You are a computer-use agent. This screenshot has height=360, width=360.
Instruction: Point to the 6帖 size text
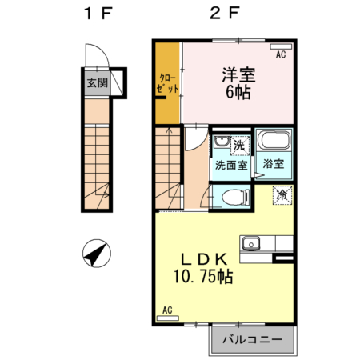pyautogui.click(x=238, y=93)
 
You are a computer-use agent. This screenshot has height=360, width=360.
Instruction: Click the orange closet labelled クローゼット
pyautogui.click(x=166, y=83)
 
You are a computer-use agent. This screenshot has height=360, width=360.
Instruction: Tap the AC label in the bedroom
pyautogui.click(x=281, y=55)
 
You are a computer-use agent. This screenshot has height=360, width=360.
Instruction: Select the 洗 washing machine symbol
pyautogui.click(x=238, y=146)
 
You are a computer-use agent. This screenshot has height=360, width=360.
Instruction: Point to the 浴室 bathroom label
pyautogui.click(x=274, y=164)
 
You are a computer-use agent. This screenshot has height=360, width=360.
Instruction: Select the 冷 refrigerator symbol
pyautogui.click(x=282, y=194)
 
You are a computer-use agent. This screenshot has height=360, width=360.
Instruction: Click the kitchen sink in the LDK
pyautogui.click(x=254, y=242)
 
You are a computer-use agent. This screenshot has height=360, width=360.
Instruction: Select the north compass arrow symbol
pyautogui.click(x=96, y=255)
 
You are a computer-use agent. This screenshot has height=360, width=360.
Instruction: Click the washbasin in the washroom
pyautogui.click(x=219, y=145)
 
